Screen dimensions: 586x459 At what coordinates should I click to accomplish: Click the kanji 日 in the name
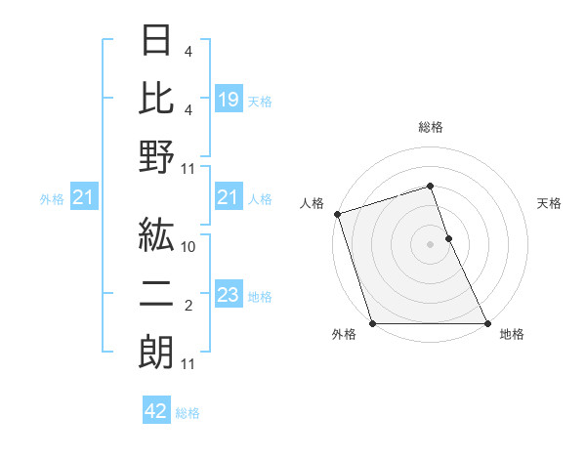click(x=156, y=42)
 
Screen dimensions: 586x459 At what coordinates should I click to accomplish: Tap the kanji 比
click(x=156, y=98)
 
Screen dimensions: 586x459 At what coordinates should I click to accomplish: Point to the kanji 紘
click(x=156, y=236)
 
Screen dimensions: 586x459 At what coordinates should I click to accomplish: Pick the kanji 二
click(x=156, y=295)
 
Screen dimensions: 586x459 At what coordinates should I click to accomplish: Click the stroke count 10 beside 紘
click(x=188, y=248)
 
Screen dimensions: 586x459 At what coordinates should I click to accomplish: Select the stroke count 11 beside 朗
click(x=188, y=364)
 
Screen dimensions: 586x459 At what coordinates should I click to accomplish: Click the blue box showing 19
click(x=229, y=99)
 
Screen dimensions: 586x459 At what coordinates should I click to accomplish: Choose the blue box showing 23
click(x=229, y=295)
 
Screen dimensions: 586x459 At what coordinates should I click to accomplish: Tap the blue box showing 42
click(x=156, y=411)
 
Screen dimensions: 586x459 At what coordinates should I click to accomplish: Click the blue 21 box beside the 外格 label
click(x=83, y=198)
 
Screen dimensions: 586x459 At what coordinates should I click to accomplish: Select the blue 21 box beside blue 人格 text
click(x=229, y=198)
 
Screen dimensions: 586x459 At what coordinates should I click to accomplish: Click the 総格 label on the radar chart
click(x=431, y=127)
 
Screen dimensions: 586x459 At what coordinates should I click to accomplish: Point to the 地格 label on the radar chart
click(x=512, y=334)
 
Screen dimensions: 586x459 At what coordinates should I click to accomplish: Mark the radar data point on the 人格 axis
click(x=337, y=213)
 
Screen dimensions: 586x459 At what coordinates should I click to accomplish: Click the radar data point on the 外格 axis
click(x=373, y=323)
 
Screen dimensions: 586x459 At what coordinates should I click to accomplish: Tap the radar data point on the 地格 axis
click(x=487, y=323)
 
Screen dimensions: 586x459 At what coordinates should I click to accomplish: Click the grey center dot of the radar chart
click(x=431, y=244)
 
